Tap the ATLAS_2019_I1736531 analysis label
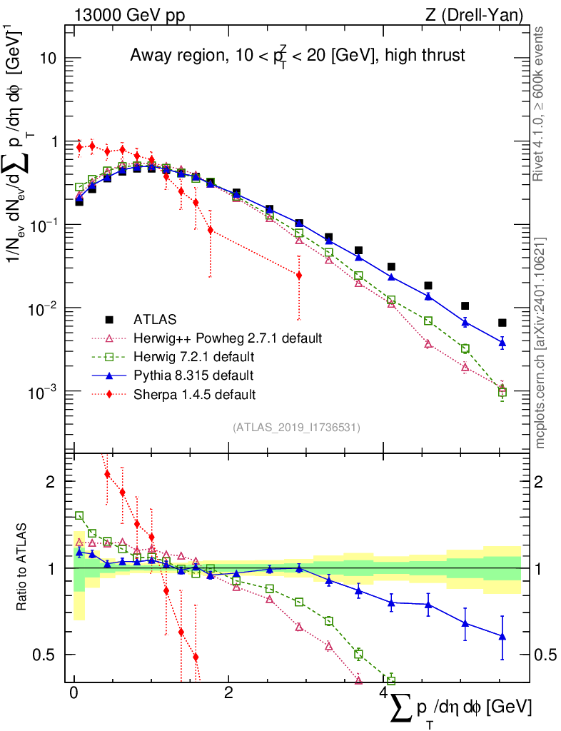point(295,428)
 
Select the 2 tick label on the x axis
point(228,693)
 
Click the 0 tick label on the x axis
point(74,693)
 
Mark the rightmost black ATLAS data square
point(502,323)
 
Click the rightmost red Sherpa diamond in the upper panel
point(298,275)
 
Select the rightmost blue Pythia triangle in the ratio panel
point(502,636)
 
